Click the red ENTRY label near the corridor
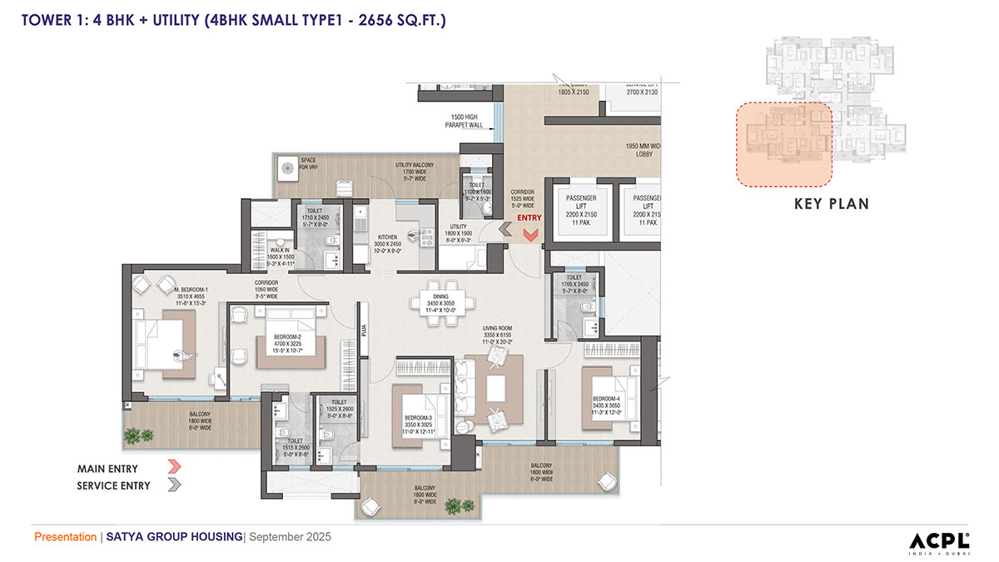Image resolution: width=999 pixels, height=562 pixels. coord(529,218)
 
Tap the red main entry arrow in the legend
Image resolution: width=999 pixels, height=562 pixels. coord(174,469)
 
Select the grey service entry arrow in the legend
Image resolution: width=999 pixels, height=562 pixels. coord(174,485)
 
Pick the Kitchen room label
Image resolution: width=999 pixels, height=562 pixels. coord(387,242)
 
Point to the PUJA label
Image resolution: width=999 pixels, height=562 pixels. coord(365,331)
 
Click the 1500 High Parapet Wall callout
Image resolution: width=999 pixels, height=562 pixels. coord(468,121)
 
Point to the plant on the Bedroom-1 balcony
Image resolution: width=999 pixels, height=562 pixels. coord(138,435)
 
